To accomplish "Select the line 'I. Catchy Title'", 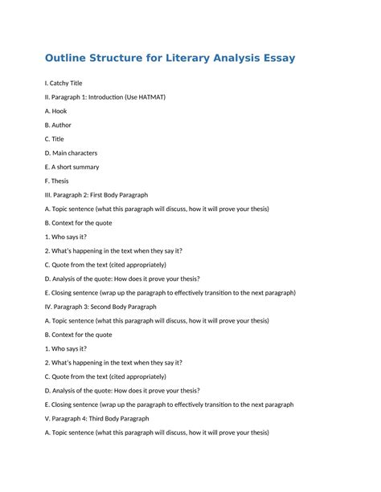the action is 63,83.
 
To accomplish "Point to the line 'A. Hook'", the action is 56,111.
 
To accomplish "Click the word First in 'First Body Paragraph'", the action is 99,195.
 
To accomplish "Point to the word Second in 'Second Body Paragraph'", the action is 102,307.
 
